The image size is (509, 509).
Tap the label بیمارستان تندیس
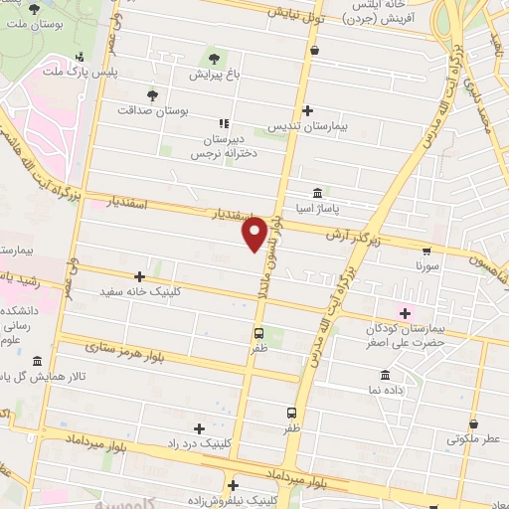tap(308, 128)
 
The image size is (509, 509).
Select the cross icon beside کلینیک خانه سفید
tap(139, 276)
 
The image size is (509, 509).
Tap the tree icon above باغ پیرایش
tap(212, 56)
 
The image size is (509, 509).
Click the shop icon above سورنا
tap(425, 251)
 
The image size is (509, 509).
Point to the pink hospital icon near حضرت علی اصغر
tap(405, 314)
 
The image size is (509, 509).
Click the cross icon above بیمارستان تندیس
tap(308, 110)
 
